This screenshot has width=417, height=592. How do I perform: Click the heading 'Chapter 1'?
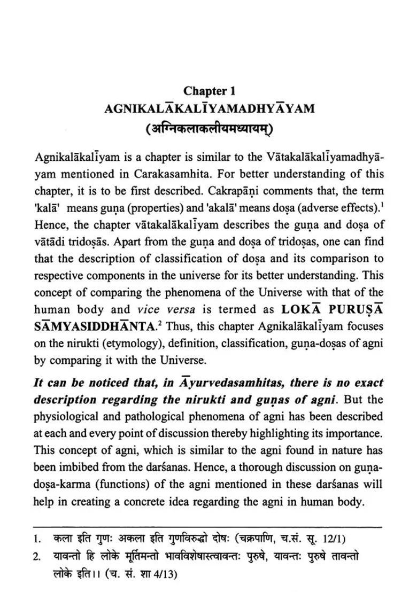209,91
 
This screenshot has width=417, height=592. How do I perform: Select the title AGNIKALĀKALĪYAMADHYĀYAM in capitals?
209,108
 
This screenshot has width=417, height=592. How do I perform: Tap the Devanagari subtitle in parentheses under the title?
209,129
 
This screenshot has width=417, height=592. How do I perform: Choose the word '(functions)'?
111,485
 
